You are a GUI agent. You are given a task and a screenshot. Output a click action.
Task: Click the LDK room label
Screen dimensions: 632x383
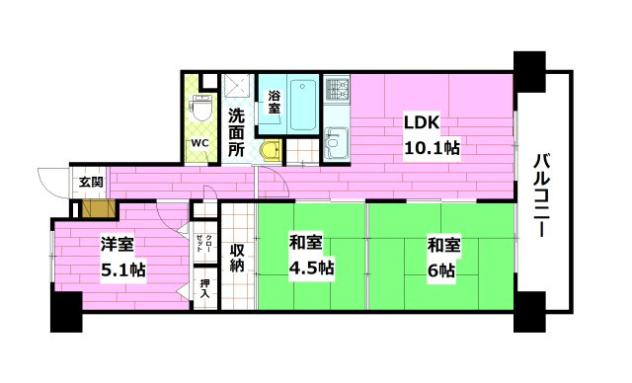click(x=422, y=122)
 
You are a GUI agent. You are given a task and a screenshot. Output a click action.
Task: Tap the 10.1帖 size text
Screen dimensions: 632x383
click(x=432, y=148)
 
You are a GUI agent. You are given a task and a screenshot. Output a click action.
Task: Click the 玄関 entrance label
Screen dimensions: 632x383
click(x=91, y=182)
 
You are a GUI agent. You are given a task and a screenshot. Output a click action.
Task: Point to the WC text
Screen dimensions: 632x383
click(x=199, y=142)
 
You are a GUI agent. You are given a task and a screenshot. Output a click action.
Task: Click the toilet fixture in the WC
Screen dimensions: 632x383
click(x=199, y=108)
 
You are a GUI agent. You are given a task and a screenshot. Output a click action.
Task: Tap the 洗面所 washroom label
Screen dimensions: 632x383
click(x=237, y=133)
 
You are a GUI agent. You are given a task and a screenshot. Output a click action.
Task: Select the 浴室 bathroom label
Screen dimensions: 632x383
click(x=275, y=102)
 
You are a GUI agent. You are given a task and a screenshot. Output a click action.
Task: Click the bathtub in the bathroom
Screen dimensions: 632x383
click(x=303, y=105)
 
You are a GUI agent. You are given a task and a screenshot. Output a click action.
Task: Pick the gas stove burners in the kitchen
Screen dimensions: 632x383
click(x=337, y=89)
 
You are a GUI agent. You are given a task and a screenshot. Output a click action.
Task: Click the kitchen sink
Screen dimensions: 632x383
click(x=337, y=142)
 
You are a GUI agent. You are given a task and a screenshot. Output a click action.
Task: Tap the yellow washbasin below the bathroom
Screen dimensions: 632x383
click(x=271, y=151)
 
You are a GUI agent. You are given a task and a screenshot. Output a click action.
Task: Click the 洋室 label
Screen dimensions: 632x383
click(x=117, y=244)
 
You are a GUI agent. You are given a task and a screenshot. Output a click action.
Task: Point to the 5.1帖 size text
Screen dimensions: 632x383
click(x=122, y=269)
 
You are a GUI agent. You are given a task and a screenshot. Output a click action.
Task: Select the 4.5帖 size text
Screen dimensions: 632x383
click(x=312, y=268)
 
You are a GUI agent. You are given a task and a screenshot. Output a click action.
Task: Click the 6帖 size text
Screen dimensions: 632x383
click(x=440, y=269)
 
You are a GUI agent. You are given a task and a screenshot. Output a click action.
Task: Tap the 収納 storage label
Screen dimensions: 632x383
click(x=237, y=258)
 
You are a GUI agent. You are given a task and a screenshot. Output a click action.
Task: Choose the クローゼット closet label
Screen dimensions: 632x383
click(x=204, y=243)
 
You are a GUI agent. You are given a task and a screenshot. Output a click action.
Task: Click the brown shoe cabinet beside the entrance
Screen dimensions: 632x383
click(x=99, y=209)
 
